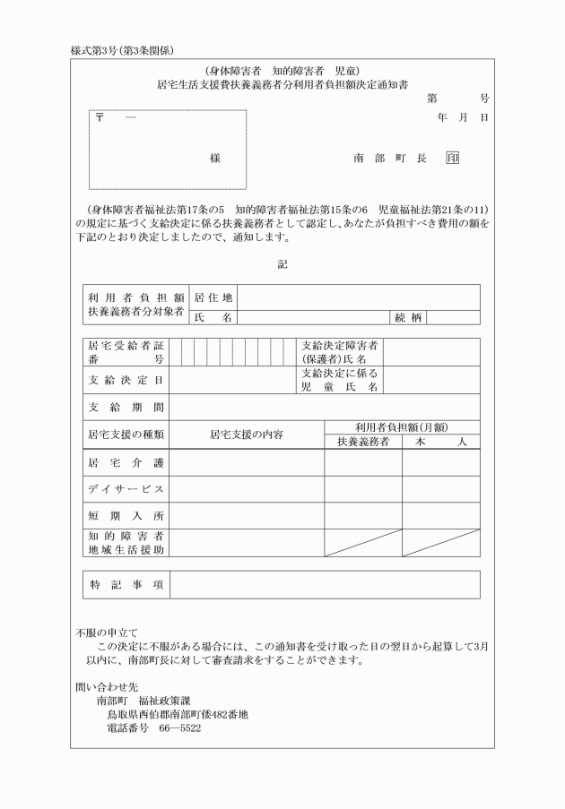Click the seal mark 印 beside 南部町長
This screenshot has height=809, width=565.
(452, 158)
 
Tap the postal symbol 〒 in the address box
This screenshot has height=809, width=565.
(100, 119)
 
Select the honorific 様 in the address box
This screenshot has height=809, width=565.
(215, 158)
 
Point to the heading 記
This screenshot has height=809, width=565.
(282, 263)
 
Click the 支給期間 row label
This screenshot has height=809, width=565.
(126, 408)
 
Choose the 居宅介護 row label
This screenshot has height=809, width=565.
(126, 462)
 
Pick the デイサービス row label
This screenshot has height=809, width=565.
(126, 489)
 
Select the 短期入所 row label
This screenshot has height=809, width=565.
(126, 517)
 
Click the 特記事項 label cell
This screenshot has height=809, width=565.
(126, 584)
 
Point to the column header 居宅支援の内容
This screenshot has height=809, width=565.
(247, 435)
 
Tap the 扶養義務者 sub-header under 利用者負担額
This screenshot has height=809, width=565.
(363, 442)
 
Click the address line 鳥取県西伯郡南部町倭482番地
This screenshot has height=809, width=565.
(178, 714)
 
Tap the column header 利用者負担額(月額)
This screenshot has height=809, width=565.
(402, 427)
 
